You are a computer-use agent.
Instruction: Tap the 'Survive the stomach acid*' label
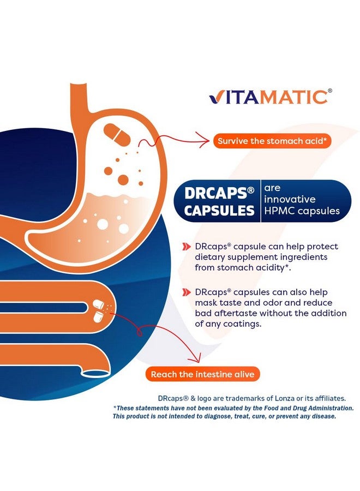272,141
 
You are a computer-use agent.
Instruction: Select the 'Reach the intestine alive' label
202,375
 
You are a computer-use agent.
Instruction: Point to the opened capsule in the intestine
99,310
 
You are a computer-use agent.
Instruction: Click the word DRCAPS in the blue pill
216,193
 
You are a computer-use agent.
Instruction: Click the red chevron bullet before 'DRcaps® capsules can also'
187,292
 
